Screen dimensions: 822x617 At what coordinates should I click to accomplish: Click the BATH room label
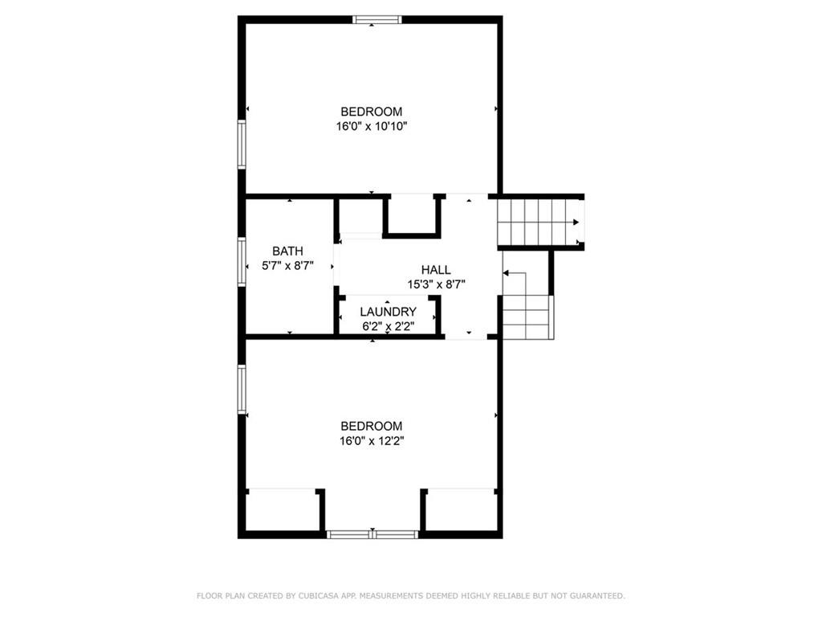(x=287, y=251)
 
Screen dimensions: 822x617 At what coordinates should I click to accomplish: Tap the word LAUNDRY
(x=388, y=312)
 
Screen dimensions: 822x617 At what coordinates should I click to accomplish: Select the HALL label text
(x=436, y=270)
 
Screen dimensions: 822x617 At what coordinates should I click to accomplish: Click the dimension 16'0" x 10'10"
(x=372, y=126)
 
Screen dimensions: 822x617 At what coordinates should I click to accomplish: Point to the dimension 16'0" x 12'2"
(x=372, y=441)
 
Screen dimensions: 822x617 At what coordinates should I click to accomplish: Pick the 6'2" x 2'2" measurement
(x=388, y=326)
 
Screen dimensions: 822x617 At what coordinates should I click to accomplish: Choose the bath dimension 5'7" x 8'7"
(x=287, y=265)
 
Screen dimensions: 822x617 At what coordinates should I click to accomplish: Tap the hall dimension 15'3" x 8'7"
(x=436, y=284)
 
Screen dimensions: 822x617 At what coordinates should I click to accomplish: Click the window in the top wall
(x=377, y=20)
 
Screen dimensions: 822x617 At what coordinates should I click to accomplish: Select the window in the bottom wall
(x=372, y=534)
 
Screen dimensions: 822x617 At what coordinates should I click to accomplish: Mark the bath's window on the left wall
(x=242, y=262)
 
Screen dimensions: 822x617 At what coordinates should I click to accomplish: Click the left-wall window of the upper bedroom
(x=242, y=145)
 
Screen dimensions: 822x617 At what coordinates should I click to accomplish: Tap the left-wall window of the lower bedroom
(x=242, y=389)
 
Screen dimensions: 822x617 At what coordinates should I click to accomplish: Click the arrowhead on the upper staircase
(x=576, y=223)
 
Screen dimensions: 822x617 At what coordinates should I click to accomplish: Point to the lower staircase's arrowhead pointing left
(x=506, y=273)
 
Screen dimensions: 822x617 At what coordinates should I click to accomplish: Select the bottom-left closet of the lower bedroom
(x=282, y=510)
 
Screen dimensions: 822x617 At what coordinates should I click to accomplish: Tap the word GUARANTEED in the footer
(x=597, y=595)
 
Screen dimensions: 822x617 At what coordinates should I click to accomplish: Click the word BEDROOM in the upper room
(x=372, y=112)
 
